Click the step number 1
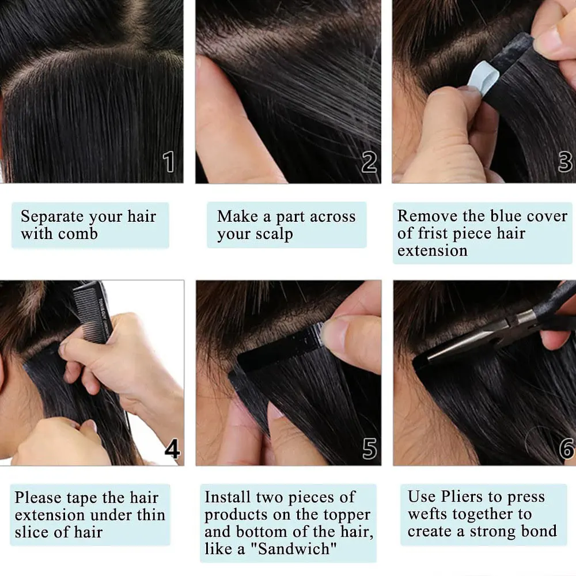coord(169,162)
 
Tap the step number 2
coord(369,162)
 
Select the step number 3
coord(565,162)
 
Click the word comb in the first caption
coord(79,234)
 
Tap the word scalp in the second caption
coord(274,234)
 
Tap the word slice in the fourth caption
coord(36,532)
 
